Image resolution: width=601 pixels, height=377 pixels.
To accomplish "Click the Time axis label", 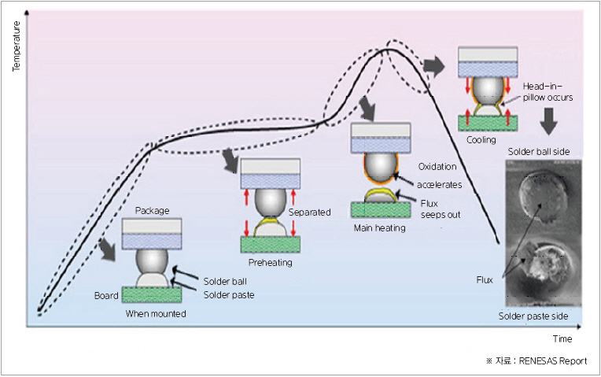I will (562, 339).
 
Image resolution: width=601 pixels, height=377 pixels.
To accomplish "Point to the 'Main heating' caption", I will (380, 228).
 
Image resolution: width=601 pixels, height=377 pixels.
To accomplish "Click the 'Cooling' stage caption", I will (481, 140).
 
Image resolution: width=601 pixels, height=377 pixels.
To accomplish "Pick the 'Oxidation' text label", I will (437, 167).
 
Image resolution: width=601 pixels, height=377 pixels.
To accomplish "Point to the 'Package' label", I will (153, 210).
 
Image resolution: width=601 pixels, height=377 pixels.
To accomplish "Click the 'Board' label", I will (106, 296).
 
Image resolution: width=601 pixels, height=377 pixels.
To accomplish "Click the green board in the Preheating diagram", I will (270, 244).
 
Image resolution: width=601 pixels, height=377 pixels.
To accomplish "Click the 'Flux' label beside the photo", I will (485, 279).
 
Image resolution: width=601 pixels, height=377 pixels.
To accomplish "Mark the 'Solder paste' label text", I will (229, 295).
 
